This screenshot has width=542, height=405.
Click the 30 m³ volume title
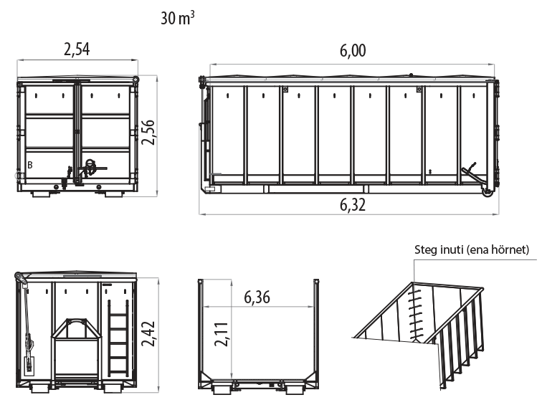click(x=178, y=18)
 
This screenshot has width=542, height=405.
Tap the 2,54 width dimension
click(x=77, y=49)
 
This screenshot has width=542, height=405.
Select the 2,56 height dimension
click(x=148, y=132)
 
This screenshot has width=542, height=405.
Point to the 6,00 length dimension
click(x=353, y=51)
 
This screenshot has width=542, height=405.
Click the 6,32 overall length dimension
click(x=353, y=205)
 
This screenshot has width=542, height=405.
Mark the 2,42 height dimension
click(x=148, y=333)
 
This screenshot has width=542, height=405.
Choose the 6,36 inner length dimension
click(x=257, y=297)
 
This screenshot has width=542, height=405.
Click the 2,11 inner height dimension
click(x=222, y=334)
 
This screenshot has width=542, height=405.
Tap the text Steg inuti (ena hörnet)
click(x=472, y=249)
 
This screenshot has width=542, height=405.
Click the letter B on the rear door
click(x=30, y=165)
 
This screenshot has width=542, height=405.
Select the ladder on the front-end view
click(x=118, y=338)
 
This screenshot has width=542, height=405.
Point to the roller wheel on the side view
click(x=488, y=193)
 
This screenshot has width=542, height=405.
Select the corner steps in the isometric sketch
click(x=415, y=315)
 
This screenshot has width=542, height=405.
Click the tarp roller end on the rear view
click(x=135, y=80)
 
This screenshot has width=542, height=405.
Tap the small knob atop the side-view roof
click(x=411, y=75)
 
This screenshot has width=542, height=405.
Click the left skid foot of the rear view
click(x=42, y=194)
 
